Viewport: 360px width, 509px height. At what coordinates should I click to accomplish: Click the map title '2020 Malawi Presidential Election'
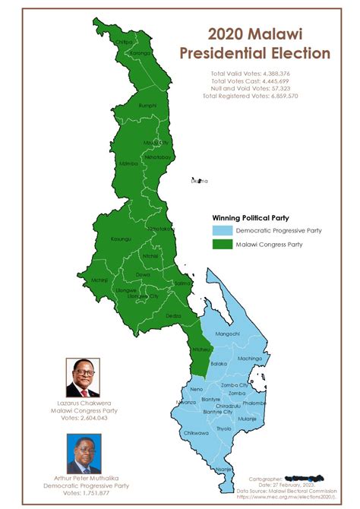coord(254,43)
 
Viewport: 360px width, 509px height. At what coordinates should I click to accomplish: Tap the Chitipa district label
coord(122,42)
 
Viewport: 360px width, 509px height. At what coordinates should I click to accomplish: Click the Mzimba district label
coord(128,163)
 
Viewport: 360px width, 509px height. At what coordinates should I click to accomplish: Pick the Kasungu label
coord(122,239)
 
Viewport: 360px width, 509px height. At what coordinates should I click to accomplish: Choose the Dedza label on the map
coord(174,315)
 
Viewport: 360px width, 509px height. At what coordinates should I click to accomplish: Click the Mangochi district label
coord(228,334)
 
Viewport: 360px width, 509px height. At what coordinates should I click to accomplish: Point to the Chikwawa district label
coord(196,433)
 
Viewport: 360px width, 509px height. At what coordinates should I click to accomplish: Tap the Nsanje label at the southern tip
coord(223,469)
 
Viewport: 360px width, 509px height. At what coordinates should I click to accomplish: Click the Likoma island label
coord(200,181)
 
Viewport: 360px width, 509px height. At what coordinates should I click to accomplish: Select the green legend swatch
coord(220,245)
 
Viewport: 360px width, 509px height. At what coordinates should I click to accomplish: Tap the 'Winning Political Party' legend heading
coord(251,217)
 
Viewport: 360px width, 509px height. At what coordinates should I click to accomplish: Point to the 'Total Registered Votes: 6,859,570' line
coord(254,96)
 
